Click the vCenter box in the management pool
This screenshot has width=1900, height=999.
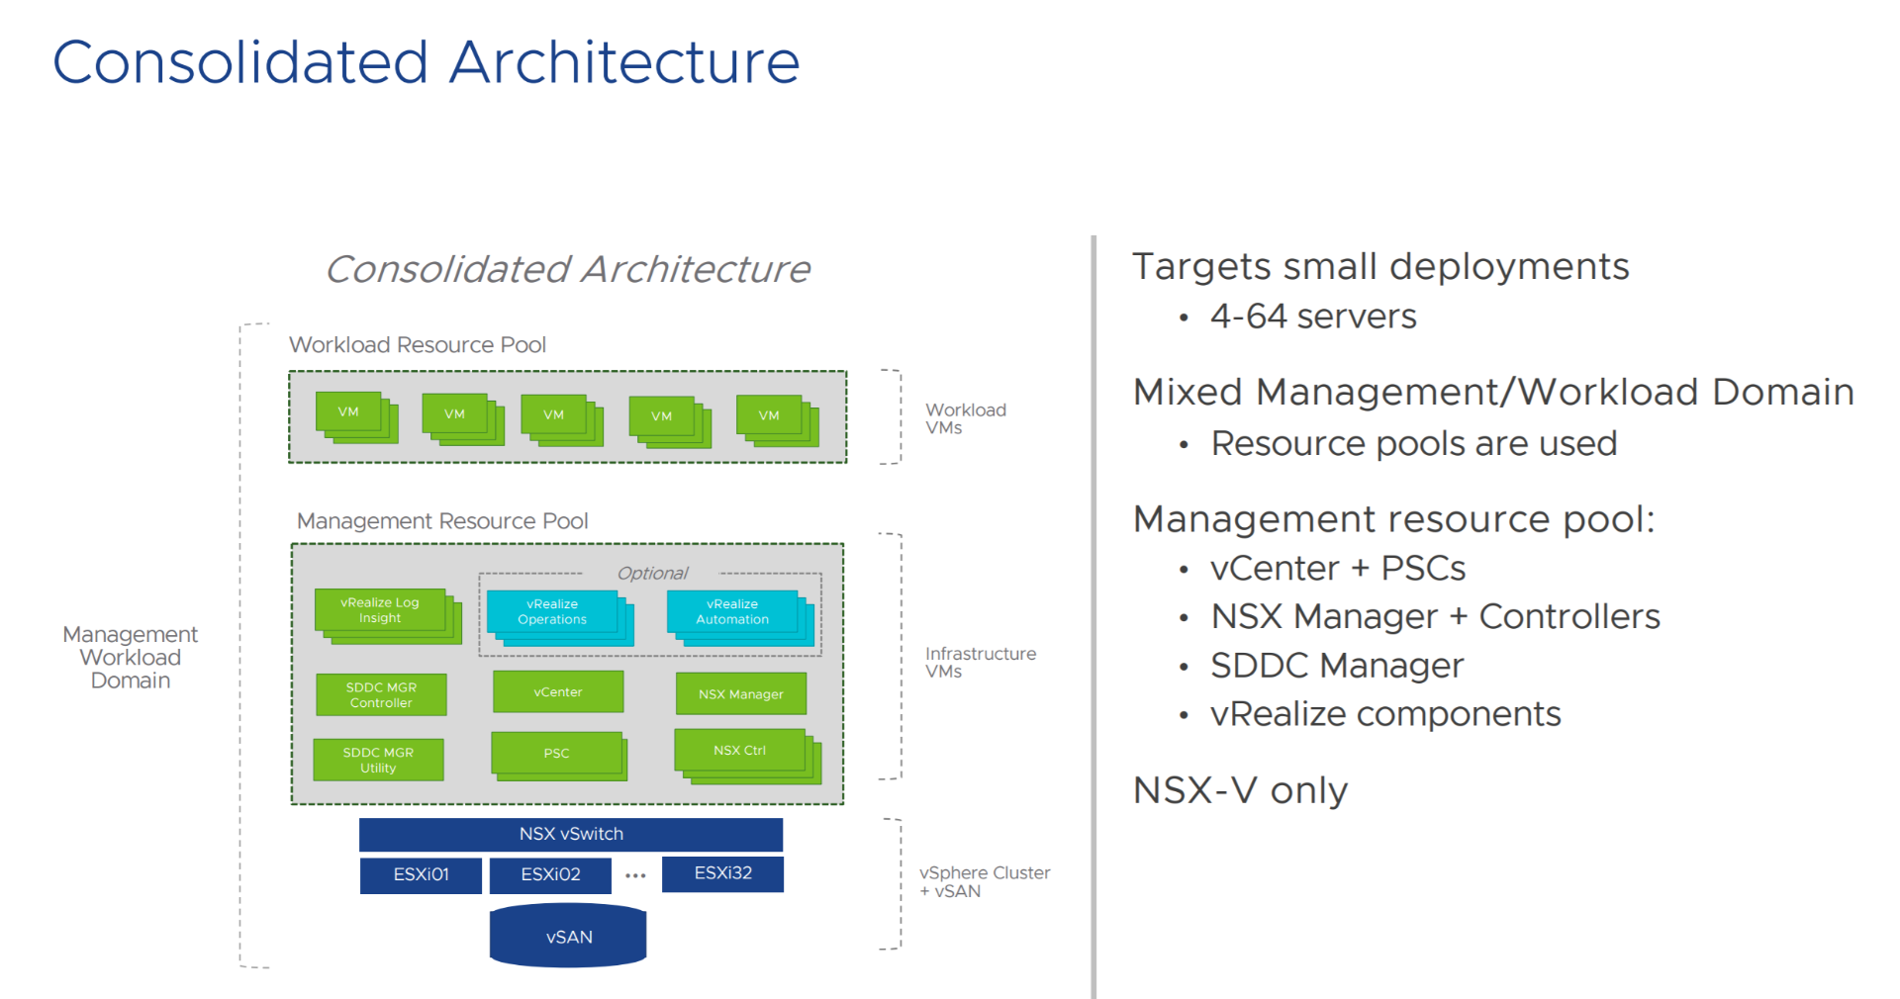(x=558, y=692)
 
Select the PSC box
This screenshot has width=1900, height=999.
(x=556, y=754)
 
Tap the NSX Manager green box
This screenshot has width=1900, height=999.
(x=740, y=694)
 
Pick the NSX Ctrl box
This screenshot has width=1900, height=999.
(x=739, y=751)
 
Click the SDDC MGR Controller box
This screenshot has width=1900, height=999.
(x=381, y=695)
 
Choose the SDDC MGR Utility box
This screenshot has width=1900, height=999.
(x=378, y=761)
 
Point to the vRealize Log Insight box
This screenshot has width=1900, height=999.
(x=379, y=610)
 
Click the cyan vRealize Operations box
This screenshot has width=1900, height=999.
(x=552, y=612)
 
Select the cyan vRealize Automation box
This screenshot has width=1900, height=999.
(x=732, y=612)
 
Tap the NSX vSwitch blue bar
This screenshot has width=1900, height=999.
(x=571, y=834)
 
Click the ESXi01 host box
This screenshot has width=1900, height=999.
(x=421, y=875)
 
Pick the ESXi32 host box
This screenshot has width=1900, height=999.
(x=722, y=873)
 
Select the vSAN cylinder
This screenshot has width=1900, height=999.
(x=568, y=936)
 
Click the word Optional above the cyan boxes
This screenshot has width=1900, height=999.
(x=652, y=574)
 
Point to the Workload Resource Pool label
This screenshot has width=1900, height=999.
(x=417, y=345)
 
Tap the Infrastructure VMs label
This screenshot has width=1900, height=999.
(x=980, y=663)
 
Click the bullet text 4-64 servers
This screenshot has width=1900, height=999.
(x=1313, y=317)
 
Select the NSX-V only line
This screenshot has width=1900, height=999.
(x=1240, y=790)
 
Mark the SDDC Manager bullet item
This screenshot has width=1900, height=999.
(x=1336, y=666)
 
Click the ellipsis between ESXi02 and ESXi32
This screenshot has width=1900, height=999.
(x=635, y=875)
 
